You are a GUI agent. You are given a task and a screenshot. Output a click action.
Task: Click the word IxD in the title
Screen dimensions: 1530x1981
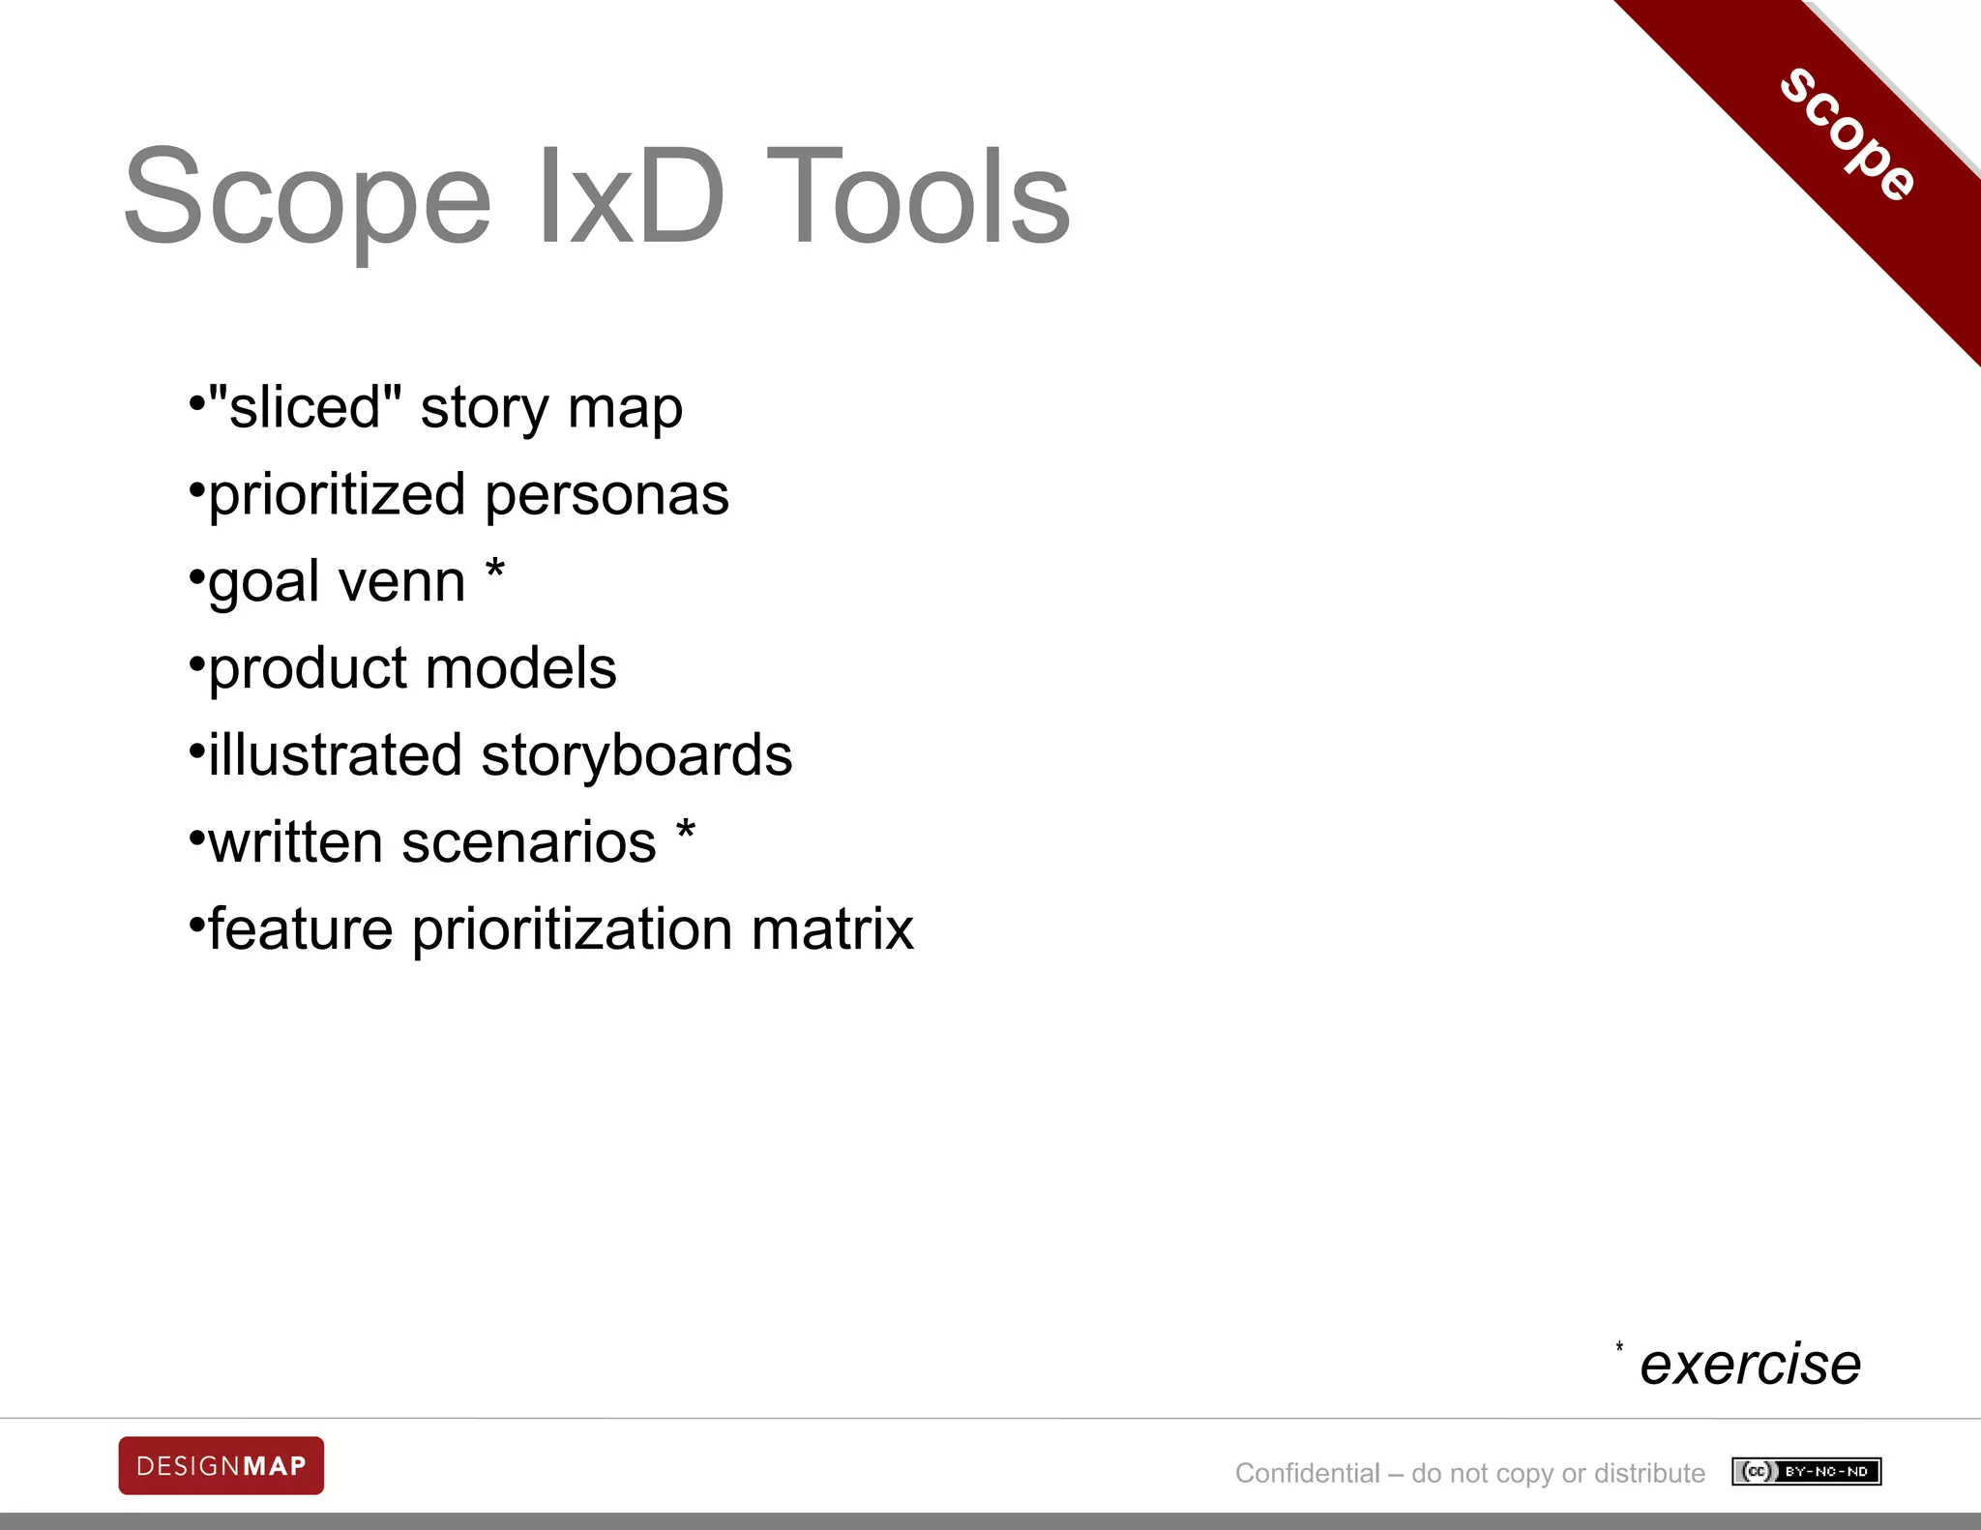(x=630, y=196)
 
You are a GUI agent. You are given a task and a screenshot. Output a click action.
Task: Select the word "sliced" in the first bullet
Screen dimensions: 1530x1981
(x=304, y=407)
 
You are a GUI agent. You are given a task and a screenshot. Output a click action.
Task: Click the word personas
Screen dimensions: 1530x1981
(x=606, y=495)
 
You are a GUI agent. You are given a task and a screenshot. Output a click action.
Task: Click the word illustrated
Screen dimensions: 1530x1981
(x=335, y=755)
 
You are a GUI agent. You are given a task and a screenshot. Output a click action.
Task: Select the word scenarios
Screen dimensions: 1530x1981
(x=529, y=842)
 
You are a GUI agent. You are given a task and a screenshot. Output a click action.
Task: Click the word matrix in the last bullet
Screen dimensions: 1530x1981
(x=832, y=929)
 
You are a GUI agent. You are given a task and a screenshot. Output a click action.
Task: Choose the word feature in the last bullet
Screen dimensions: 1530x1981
(x=301, y=929)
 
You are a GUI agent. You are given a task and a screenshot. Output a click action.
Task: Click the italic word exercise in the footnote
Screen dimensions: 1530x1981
(x=1750, y=1365)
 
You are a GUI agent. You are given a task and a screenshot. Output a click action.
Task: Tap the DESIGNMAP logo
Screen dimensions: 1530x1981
(x=222, y=1465)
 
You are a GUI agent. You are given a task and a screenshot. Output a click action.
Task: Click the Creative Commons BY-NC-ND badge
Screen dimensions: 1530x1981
(x=1806, y=1471)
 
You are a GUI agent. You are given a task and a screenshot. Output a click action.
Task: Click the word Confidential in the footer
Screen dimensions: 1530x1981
(x=1307, y=1473)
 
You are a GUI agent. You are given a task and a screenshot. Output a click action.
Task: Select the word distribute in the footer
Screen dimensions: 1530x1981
(x=1649, y=1473)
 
